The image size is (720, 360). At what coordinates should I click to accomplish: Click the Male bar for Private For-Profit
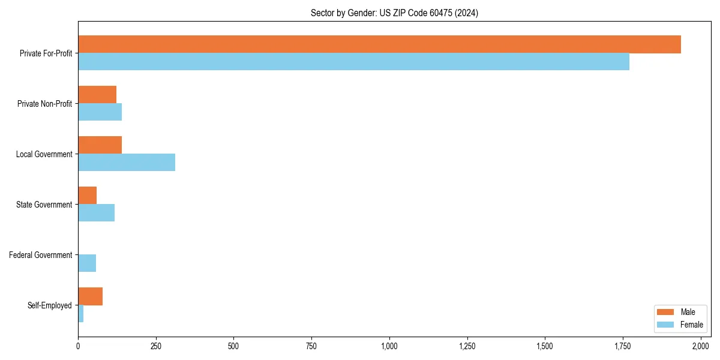(x=379, y=44)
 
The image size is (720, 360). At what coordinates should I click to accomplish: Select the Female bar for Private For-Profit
(x=353, y=62)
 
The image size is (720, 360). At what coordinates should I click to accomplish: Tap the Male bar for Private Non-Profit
(x=97, y=95)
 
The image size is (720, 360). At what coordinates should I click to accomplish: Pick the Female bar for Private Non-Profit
(x=100, y=112)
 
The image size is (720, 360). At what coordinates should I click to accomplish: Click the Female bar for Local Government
(x=127, y=163)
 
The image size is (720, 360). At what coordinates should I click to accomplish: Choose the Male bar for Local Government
(x=100, y=145)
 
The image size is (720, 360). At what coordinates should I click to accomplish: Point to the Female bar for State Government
(x=96, y=213)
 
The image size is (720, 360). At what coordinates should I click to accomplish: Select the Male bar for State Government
(x=87, y=196)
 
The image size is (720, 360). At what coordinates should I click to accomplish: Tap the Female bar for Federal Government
(x=87, y=263)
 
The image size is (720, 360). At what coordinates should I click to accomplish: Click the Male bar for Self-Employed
(x=90, y=296)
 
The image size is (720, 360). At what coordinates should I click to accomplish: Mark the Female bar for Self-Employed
(x=80, y=314)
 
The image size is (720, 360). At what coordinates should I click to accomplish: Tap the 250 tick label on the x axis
(x=156, y=346)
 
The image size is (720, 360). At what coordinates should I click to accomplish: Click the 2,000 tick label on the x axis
(x=701, y=346)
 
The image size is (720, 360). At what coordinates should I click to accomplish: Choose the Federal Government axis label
(x=41, y=255)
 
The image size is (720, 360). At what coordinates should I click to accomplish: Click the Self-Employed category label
(x=50, y=305)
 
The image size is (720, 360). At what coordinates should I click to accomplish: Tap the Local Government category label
(x=44, y=154)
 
